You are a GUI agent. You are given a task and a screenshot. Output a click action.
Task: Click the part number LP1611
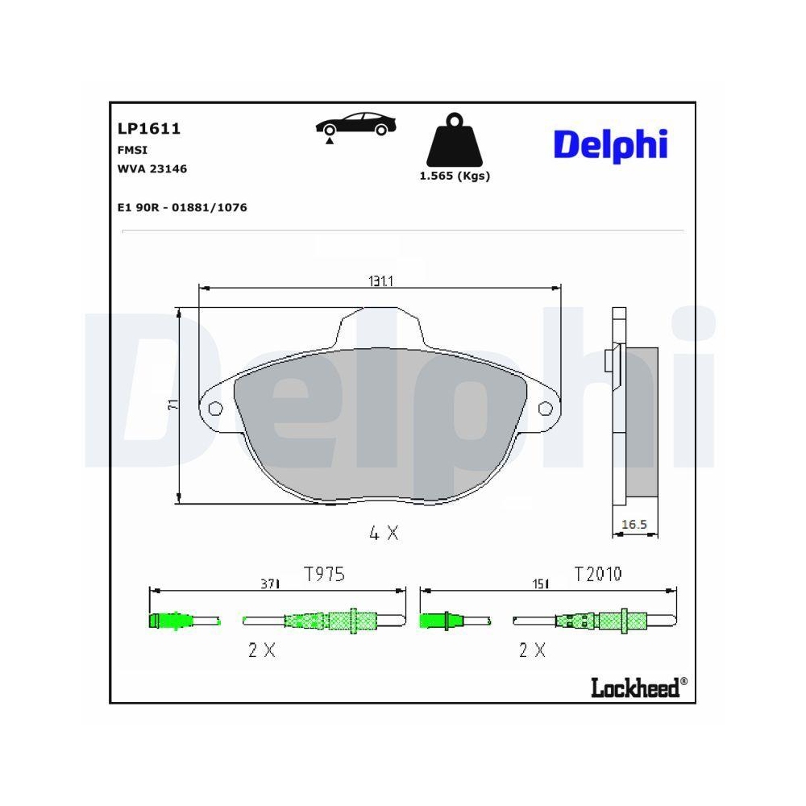[148, 129]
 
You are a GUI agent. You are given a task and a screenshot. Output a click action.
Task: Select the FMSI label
[132, 149]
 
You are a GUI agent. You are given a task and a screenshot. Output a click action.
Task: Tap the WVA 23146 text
[152, 168]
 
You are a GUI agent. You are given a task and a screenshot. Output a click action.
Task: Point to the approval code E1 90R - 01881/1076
[182, 207]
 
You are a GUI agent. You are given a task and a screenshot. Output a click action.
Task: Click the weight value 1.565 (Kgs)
[455, 176]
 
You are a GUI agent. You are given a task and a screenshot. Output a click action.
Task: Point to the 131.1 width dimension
[380, 280]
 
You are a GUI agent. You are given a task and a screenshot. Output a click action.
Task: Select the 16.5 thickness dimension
[634, 525]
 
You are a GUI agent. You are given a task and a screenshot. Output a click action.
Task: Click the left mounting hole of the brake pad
[215, 408]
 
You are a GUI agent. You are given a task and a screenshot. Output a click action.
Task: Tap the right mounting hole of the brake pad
[544, 408]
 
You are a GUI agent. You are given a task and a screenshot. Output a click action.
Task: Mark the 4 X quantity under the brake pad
[383, 533]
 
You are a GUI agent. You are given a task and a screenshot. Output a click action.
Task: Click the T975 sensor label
[324, 574]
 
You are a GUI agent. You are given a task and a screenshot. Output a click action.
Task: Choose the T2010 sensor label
[597, 574]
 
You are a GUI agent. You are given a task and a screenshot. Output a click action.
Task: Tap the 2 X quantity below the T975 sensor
[262, 650]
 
